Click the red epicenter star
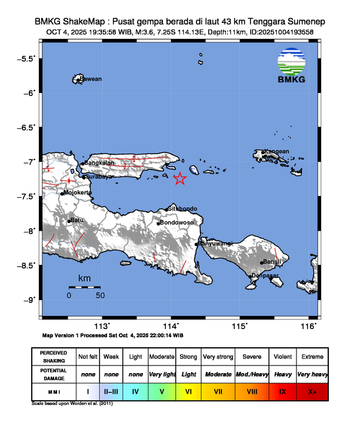(180, 178)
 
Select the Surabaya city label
(98, 177)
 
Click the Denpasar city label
(264, 275)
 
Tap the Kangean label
(276, 151)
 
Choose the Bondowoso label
(177, 222)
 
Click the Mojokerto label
(77, 192)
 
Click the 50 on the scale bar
(100, 295)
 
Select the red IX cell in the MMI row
(282, 391)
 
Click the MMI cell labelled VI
(188, 391)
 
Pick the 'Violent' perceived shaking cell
(282, 357)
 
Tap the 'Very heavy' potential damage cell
(312, 374)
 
